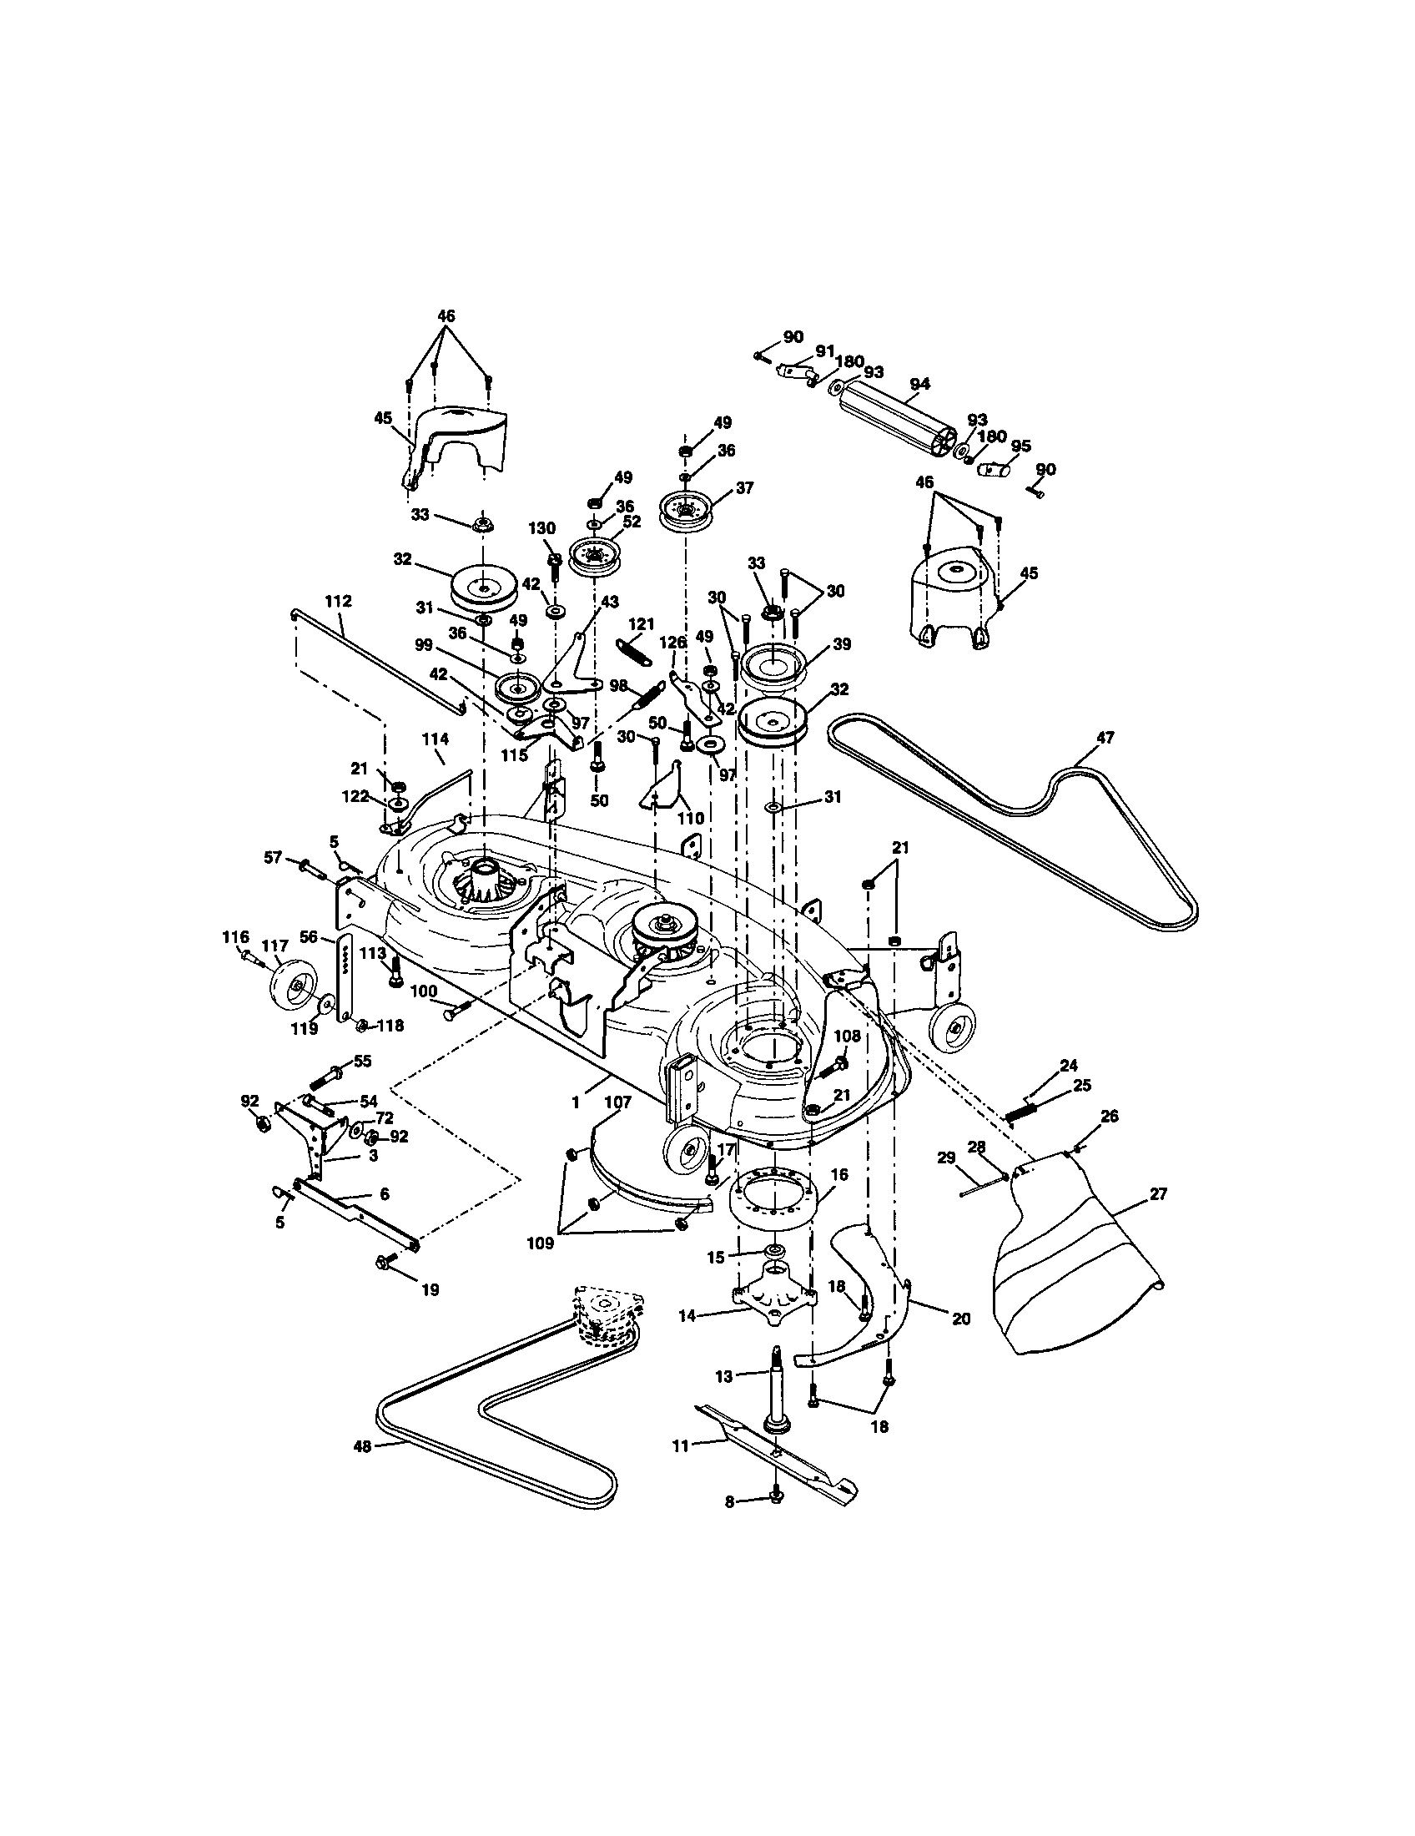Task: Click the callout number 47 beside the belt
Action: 1105,737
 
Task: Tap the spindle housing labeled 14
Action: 774,1294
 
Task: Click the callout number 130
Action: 541,528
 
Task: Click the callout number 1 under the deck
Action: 576,1102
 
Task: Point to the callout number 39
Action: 841,644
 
